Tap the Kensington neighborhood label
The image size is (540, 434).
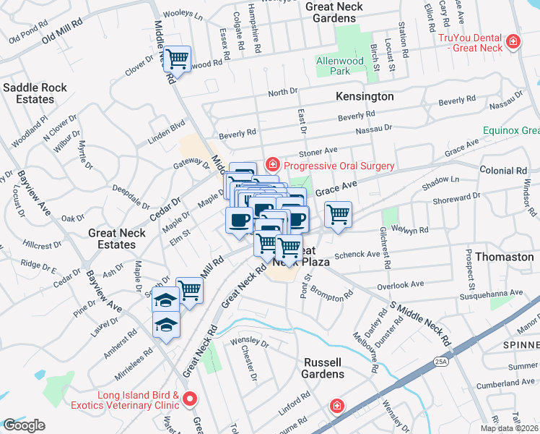click(x=365, y=96)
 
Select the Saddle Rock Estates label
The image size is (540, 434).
click(x=35, y=93)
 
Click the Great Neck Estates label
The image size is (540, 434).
click(x=117, y=239)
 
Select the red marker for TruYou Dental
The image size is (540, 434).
click(x=513, y=42)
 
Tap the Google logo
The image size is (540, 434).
click(x=24, y=425)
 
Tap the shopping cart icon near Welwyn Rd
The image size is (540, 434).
click(x=337, y=215)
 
